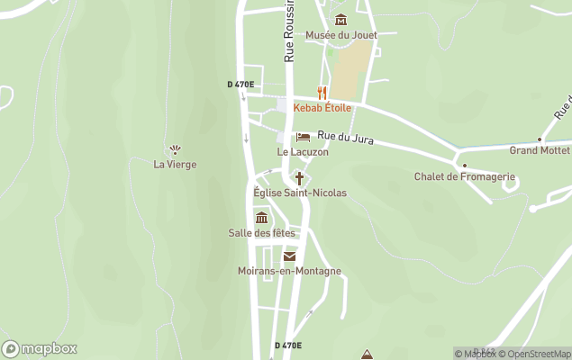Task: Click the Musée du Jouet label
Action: point(340,35)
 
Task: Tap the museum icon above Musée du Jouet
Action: point(340,20)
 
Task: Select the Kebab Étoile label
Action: point(322,108)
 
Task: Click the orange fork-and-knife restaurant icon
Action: point(322,93)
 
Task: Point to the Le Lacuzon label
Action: point(303,152)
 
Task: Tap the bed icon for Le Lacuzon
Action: point(303,138)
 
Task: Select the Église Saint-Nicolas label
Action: point(300,193)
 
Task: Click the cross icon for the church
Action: point(299,178)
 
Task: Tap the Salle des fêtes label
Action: point(261,233)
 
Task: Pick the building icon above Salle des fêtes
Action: point(261,218)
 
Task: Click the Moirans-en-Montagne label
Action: point(289,271)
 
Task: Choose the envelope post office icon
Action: point(289,256)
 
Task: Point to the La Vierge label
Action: point(175,165)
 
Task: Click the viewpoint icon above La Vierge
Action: point(175,149)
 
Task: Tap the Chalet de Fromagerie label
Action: point(464,176)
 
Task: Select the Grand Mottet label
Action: point(540,150)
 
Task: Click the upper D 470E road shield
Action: point(241,85)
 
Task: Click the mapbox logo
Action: point(40,349)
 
